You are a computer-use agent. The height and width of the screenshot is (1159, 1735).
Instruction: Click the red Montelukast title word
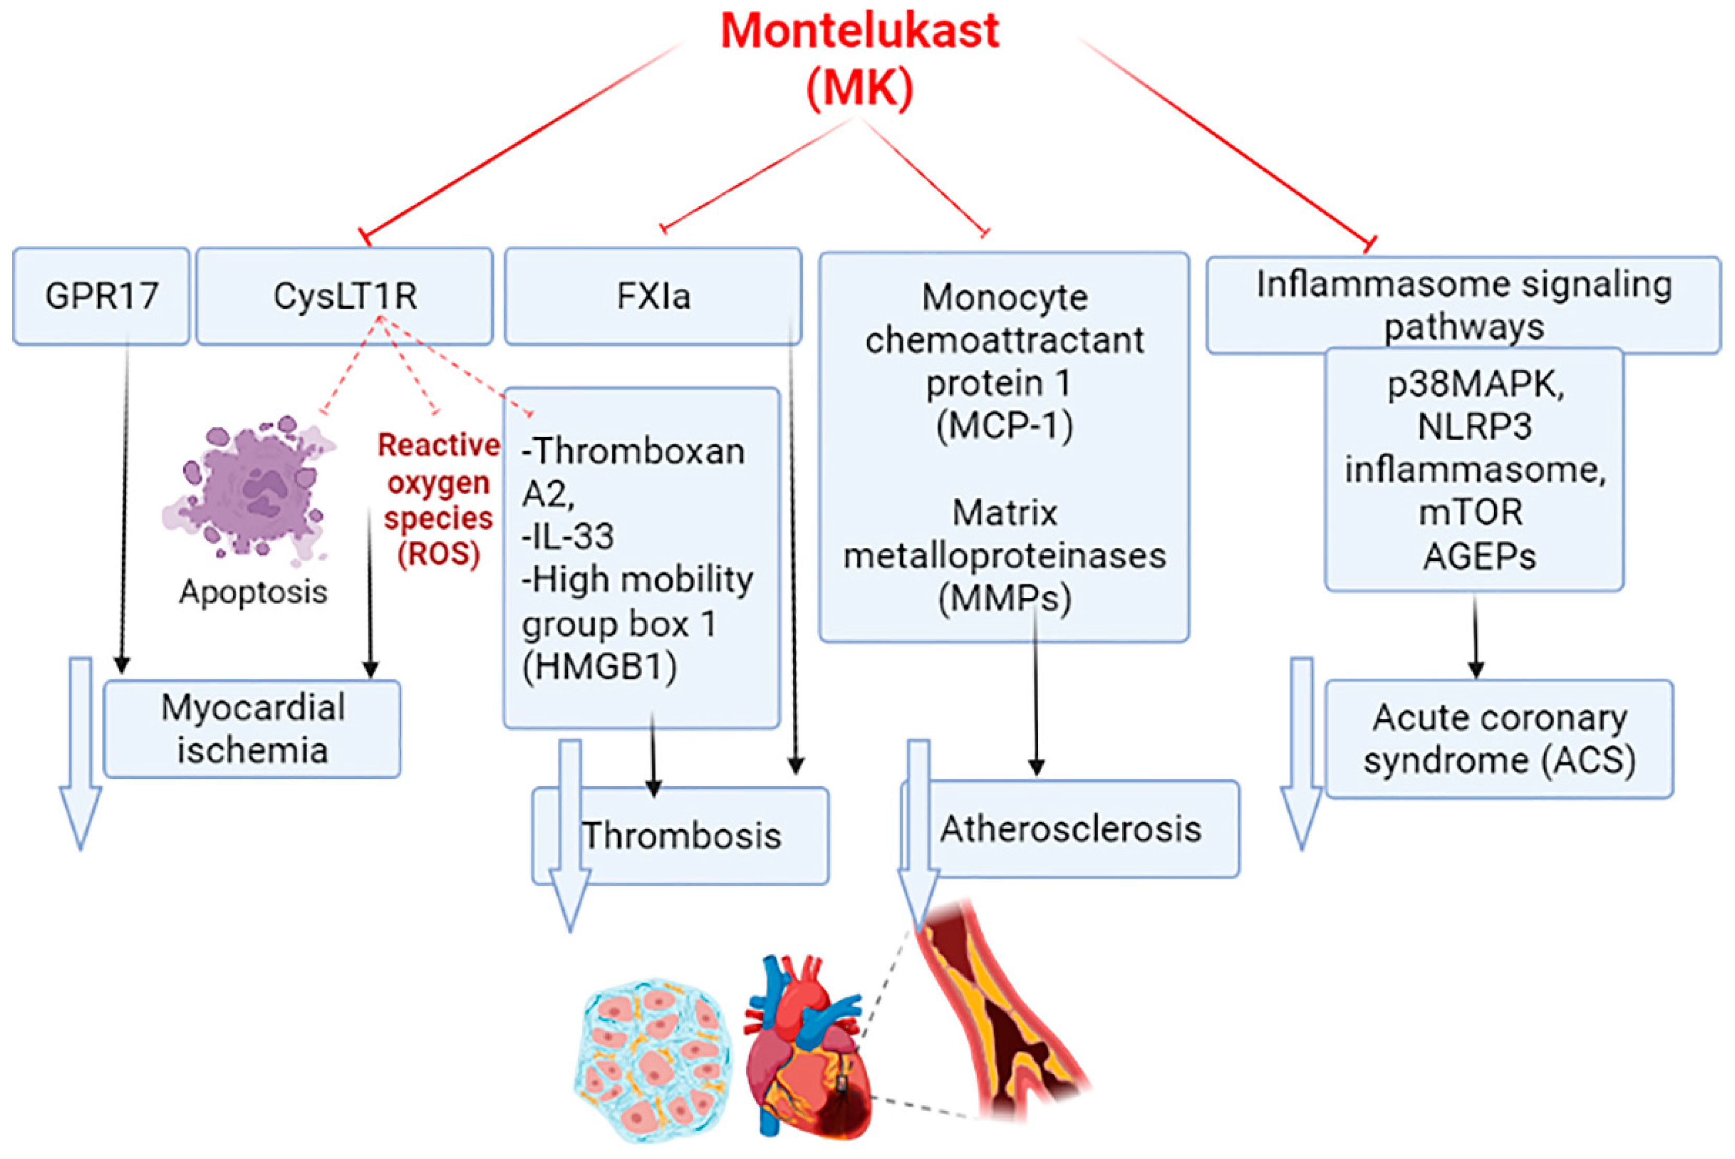pos(860,30)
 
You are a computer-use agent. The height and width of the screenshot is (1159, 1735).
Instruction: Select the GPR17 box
pos(101,296)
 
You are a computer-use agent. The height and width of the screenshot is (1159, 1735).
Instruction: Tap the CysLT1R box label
pos(345,296)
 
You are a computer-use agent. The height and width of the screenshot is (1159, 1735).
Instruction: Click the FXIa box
pos(653,296)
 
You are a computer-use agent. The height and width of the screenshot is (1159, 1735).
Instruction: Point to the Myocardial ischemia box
pos(252,729)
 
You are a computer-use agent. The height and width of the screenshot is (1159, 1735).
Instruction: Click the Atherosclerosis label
pos(1070,828)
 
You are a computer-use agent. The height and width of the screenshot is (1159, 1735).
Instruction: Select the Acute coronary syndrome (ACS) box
pos(1499,739)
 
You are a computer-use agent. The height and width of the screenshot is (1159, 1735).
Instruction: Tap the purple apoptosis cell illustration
pos(250,489)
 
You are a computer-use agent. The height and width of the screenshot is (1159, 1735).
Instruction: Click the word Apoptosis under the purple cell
pos(253,591)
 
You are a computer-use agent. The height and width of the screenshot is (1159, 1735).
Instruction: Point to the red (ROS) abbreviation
pos(439,554)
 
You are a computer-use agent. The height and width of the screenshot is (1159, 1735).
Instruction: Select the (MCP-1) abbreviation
pos(1005,425)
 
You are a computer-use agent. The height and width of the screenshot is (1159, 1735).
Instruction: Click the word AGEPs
pos(1479,556)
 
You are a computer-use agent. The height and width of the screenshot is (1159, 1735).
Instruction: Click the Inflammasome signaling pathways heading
pos(1464,305)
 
